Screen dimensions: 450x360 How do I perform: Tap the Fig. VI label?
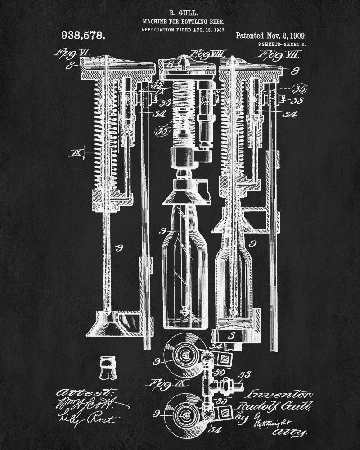(71, 53)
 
